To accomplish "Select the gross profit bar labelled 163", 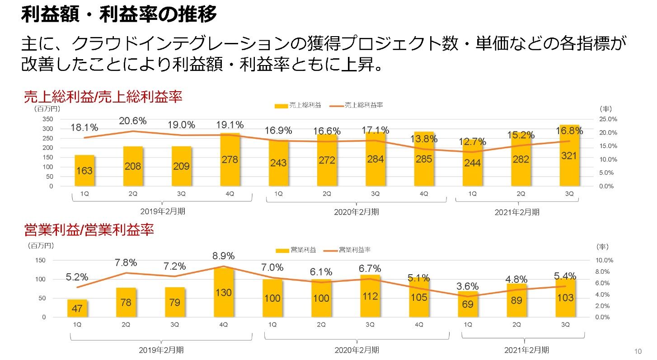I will click(84, 171).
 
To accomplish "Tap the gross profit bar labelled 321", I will click(569, 156).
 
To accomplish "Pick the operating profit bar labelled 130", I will click(223, 293).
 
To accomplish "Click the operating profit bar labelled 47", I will click(77, 308).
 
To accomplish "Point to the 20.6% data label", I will click(133, 121).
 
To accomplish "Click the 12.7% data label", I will click(473, 142).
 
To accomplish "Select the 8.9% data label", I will click(224, 256).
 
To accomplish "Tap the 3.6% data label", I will click(468, 286).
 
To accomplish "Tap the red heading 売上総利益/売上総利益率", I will click(103, 97).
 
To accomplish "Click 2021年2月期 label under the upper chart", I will click(516, 212).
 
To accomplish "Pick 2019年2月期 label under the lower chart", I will click(161, 350).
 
